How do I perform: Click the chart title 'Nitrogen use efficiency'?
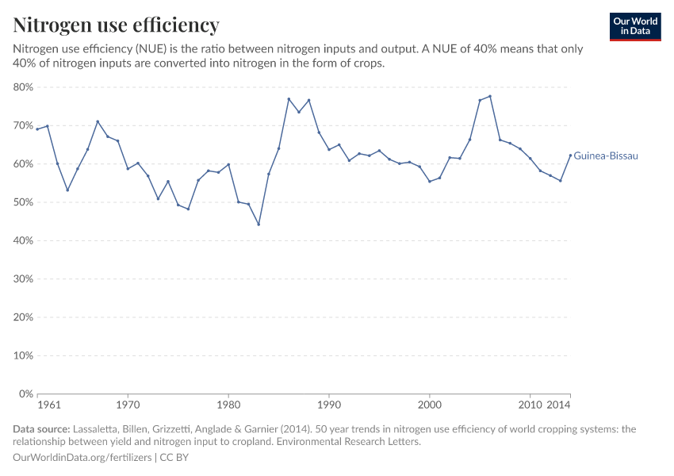(x=117, y=25)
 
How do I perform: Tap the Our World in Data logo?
(x=634, y=26)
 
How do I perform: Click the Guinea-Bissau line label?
(x=605, y=156)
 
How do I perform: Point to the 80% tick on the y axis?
(x=24, y=87)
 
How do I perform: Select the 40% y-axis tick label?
(x=24, y=240)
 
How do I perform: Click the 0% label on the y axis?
(x=26, y=393)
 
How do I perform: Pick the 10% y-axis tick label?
(x=24, y=355)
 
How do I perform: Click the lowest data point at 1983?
(x=258, y=225)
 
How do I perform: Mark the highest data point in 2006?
(x=490, y=96)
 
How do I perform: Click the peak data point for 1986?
(x=289, y=99)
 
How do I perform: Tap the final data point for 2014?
(x=570, y=155)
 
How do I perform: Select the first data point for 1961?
(x=37, y=129)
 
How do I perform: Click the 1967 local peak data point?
(x=98, y=121)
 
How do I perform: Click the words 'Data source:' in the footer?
(x=41, y=429)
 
